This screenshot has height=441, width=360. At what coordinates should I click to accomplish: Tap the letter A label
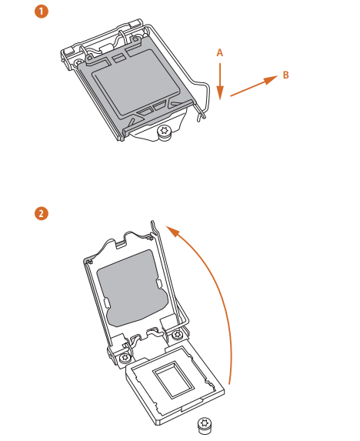click(219, 52)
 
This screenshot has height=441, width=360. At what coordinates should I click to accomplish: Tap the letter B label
click(285, 75)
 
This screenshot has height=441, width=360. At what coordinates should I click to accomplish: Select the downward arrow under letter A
click(220, 81)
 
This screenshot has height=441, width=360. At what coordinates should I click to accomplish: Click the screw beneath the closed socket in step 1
click(164, 133)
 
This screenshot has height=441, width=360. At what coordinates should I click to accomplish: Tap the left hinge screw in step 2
click(123, 358)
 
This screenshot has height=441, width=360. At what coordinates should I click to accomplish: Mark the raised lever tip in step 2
click(155, 224)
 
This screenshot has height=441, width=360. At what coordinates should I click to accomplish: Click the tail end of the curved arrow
click(229, 383)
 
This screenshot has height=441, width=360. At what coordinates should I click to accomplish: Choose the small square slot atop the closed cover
click(117, 58)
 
